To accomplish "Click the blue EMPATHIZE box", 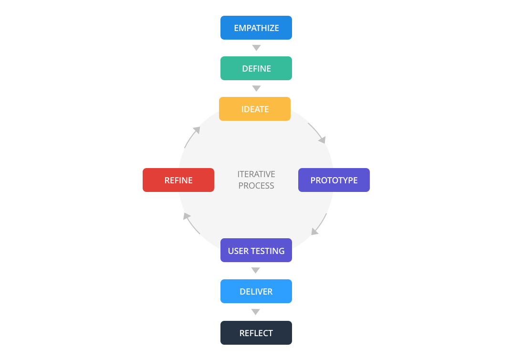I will pyautogui.click(x=256, y=28).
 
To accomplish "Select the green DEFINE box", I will pyautogui.click(x=256, y=68).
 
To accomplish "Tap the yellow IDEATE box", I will pyautogui.click(x=254, y=109).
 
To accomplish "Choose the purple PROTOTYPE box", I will pyautogui.click(x=334, y=180).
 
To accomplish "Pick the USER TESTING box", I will pyautogui.click(x=256, y=251).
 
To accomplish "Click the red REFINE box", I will pyautogui.click(x=178, y=180).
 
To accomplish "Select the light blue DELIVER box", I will pyautogui.click(x=256, y=291).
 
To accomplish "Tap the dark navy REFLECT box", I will pyautogui.click(x=256, y=333).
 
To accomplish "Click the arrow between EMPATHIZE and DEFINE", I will pyautogui.click(x=256, y=48).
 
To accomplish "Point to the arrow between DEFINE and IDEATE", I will pyautogui.click(x=256, y=88).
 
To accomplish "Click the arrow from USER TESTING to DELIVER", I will pyautogui.click(x=256, y=271).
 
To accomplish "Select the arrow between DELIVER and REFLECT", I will pyautogui.click(x=256, y=312).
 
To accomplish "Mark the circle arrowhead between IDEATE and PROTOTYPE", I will pyautogui.click(x=323, y=140).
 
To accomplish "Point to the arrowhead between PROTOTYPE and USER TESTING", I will pyautogui.click(x=314, y=232).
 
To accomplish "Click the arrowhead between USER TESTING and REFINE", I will pyautogui.click(x=186, y=216).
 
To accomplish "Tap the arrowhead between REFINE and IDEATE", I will pyautogui.click(x=196, y=129).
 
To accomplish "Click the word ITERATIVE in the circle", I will pyautogui.click(x=256, y=174).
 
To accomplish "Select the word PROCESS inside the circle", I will pyautogui.click(x=256, y=186).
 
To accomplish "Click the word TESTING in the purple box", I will pyautogui.click(x=268, y=251).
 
